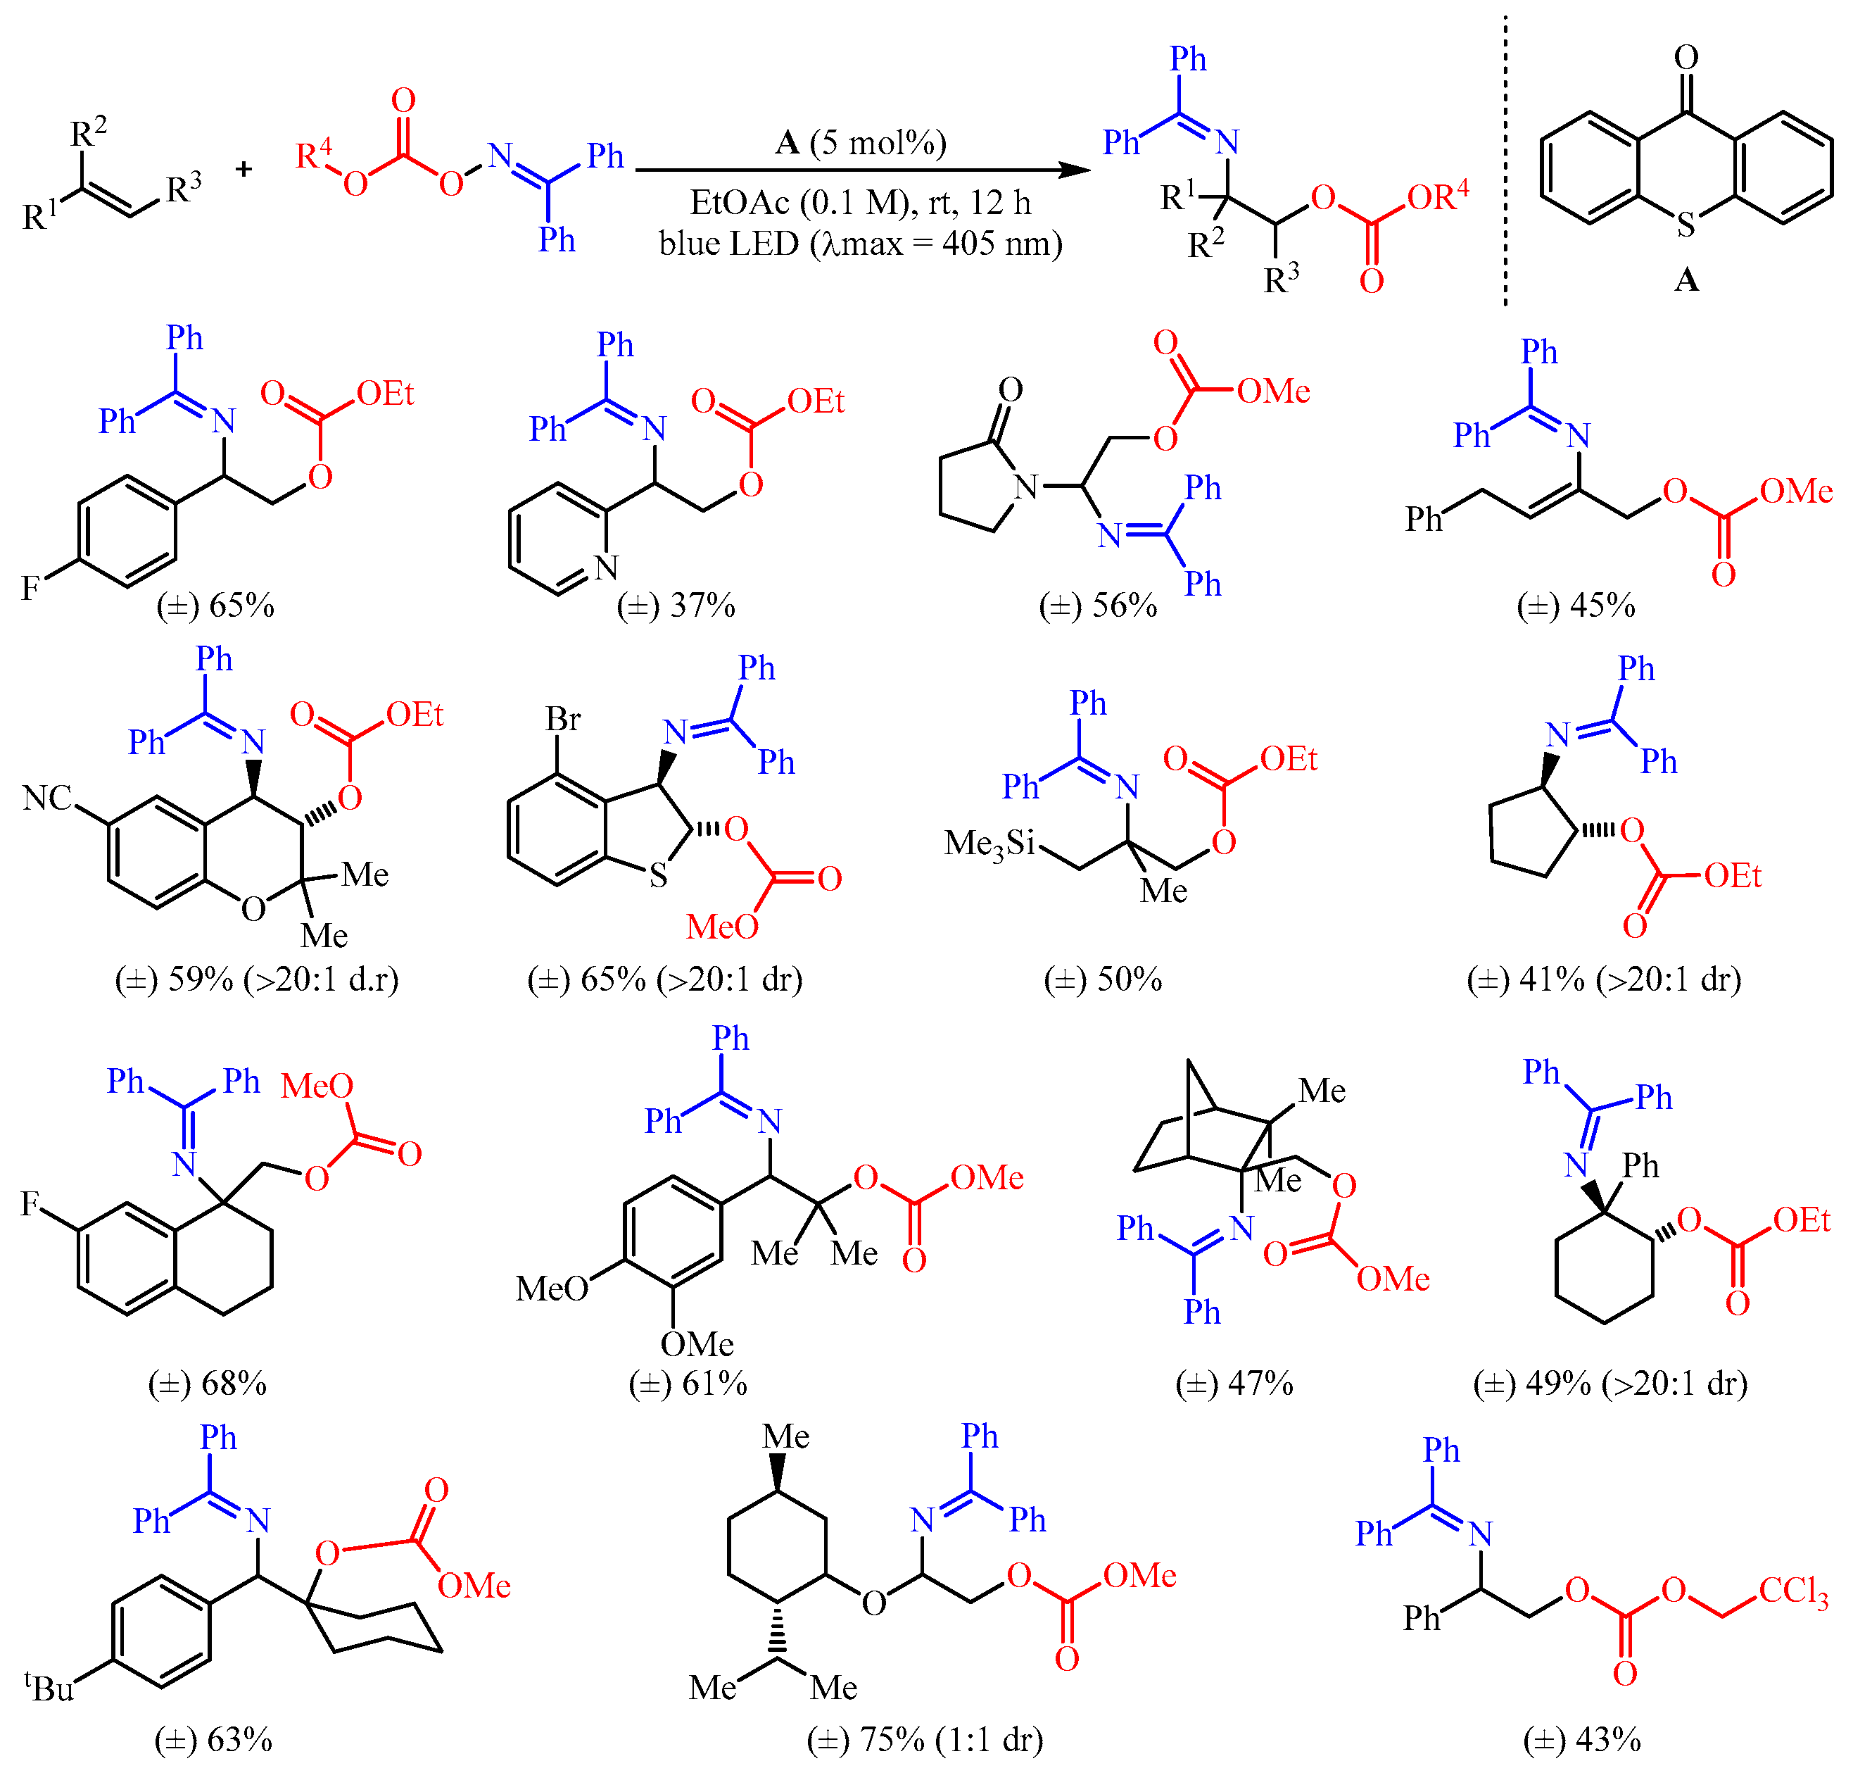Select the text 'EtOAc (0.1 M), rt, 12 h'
(x=860, y=202)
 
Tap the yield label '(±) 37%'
(x=676, y=606)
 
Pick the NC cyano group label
(x=47, y=798)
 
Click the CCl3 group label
(x=1792, y=1592)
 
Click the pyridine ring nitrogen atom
(x=606, y=568)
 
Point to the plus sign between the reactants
(x=244, y=169)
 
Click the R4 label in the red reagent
(x=314, y=153)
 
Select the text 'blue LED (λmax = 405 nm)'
(x=860, y=244)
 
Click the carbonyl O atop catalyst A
(x=1686, y=58)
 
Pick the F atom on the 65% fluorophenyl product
(x=30, y=589)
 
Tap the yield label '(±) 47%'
(x=1234, y=1384)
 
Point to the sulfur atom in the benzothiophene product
(x=658, y=876)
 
